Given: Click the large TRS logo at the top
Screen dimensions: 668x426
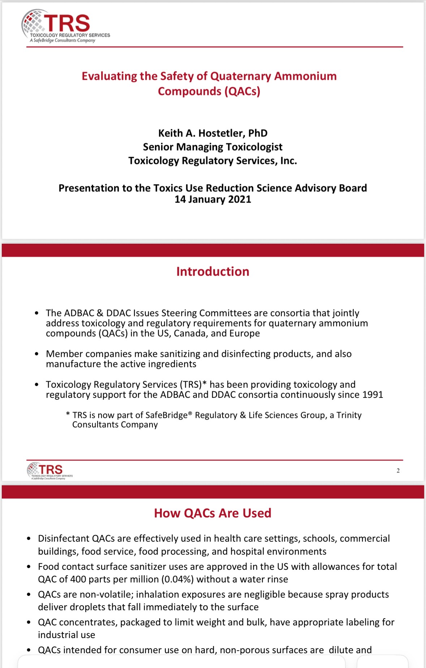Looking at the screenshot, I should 65,26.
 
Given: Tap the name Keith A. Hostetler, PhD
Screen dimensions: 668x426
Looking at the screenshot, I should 213,133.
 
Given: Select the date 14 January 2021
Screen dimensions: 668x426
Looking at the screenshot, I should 213,199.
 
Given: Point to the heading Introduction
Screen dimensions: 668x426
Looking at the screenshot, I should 213,272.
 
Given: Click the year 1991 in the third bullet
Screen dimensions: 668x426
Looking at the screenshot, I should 373,395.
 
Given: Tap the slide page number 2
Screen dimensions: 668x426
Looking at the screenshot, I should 398,470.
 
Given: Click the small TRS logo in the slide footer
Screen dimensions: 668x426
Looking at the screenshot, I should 50,470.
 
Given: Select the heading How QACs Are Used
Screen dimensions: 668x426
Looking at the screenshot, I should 212,513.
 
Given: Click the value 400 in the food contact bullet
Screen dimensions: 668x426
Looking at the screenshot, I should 78,579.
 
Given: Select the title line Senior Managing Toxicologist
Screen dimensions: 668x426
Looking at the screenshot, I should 213,147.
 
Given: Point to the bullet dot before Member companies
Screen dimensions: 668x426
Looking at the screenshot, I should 36,354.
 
